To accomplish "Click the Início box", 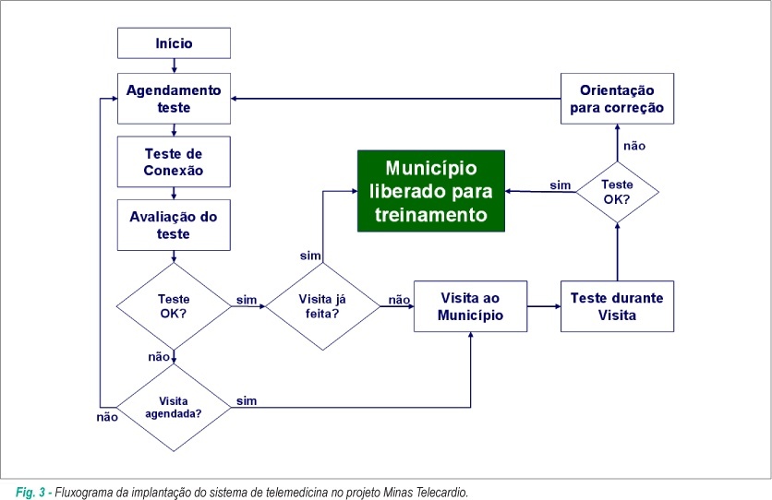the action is (174, 43).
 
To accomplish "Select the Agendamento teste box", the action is (174, 99).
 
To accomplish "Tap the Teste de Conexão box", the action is (174, 161).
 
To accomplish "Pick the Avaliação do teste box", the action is (174, 225).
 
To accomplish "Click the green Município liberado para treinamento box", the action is (431, 191).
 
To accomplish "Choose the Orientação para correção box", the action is (617, 99).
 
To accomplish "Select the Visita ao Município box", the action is (470, 306).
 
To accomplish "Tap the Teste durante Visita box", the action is (617, 306).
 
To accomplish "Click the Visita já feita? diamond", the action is (322, 306).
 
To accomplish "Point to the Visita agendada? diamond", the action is (174, 408).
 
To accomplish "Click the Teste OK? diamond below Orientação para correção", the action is (617, 192).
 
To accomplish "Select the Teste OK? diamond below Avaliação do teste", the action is (174, 306).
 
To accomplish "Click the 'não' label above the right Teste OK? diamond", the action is (634, 146).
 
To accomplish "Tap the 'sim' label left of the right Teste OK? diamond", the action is (561, 185).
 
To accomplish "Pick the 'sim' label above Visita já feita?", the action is (310, 256).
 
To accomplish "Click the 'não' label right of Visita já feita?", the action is (399, 300).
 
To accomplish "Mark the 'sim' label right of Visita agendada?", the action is (247, 400).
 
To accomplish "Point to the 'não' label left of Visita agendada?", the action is (107, 417).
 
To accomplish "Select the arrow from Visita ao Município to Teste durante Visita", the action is (544, 306).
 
